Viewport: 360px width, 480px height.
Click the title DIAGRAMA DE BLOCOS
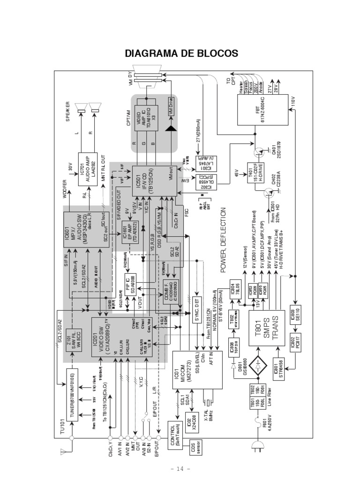[181, 53]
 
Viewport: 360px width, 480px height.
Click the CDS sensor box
[194, 449]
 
